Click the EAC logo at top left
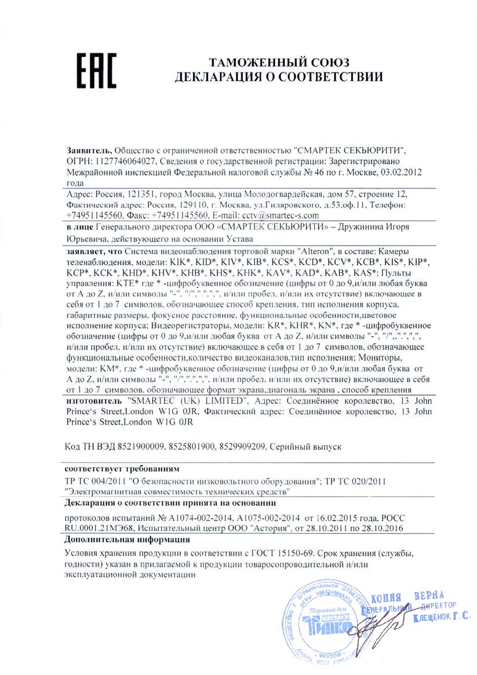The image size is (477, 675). tap(91, 71)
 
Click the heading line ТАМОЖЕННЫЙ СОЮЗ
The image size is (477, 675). tap(279, 63)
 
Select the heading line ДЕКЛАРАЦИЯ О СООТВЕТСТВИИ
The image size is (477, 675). tap(279, 77)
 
